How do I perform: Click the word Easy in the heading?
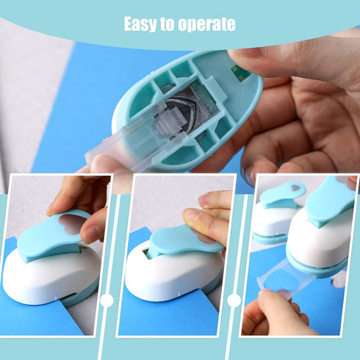point(140,24)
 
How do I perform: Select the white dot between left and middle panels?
point(107,300)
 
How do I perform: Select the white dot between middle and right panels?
point(234,300)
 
